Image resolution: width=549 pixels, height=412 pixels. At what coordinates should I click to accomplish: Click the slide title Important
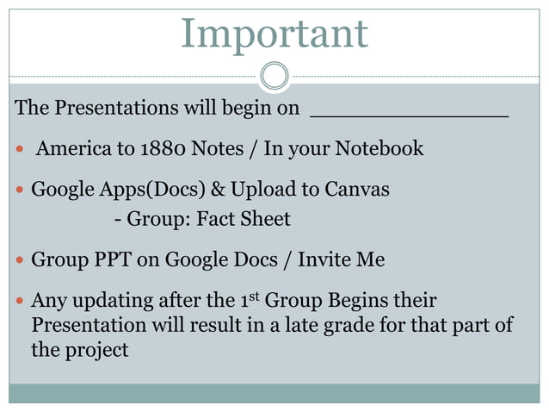pyautogui.click(x=274, y=34)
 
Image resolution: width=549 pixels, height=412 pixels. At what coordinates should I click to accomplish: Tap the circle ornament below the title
pyautogui.click(x=274, y=75)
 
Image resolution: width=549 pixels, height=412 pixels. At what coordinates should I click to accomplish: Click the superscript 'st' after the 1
pyautogui.click(x=254, y=297)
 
